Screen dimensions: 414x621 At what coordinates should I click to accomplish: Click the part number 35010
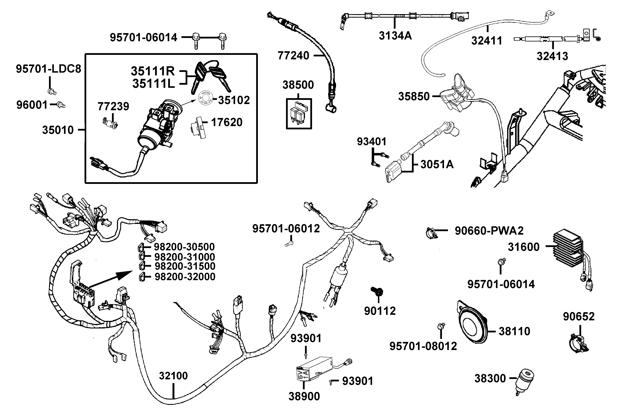(58, 130)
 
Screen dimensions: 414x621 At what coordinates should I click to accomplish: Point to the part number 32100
(173, 376)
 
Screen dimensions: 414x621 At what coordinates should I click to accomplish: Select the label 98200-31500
(185, 266)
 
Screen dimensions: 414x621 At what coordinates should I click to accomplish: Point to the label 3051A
(437, 164)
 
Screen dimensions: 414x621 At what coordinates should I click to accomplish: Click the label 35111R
(153, 71)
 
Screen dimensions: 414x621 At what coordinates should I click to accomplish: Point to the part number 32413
(552, 56)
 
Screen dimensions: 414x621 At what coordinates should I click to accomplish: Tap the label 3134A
(395, 35)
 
